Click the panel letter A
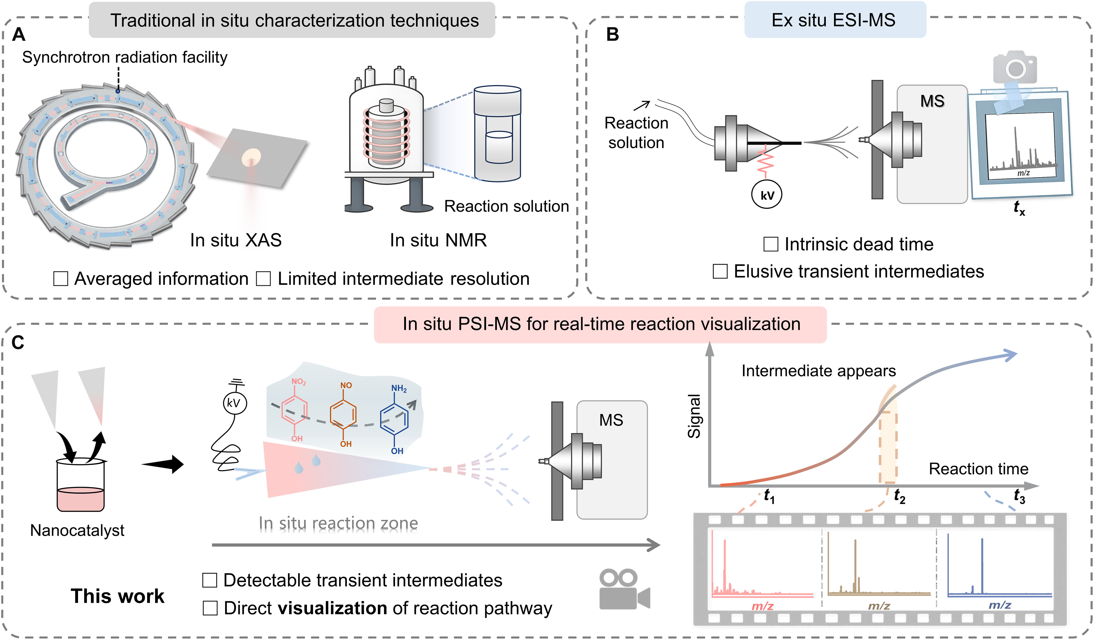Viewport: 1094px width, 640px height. (19, 34)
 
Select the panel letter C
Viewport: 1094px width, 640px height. (18, 343)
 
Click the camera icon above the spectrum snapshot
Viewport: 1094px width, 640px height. (1015, 67)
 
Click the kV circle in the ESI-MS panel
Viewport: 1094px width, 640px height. (767, 195)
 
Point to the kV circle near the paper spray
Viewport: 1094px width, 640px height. (235, 403)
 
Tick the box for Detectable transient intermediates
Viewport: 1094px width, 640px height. (210, 580)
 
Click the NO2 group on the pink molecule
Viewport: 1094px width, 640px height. (299, 382)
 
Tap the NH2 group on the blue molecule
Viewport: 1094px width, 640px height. (399, 389)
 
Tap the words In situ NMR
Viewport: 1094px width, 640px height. (438, 240)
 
